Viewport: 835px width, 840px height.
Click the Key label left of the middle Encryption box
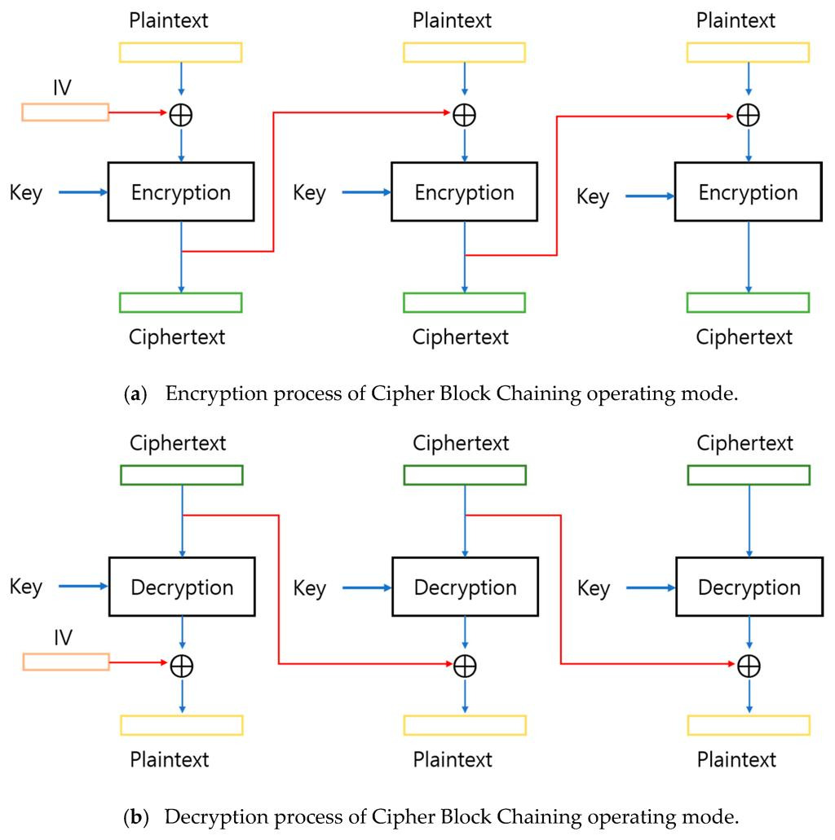[x=309, y=193]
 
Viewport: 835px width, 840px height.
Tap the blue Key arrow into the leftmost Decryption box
[x=83, y=586]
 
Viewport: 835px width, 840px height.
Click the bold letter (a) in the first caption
[x=135, y=394]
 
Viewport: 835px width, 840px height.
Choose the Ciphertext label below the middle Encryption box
[x=460, y=337]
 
